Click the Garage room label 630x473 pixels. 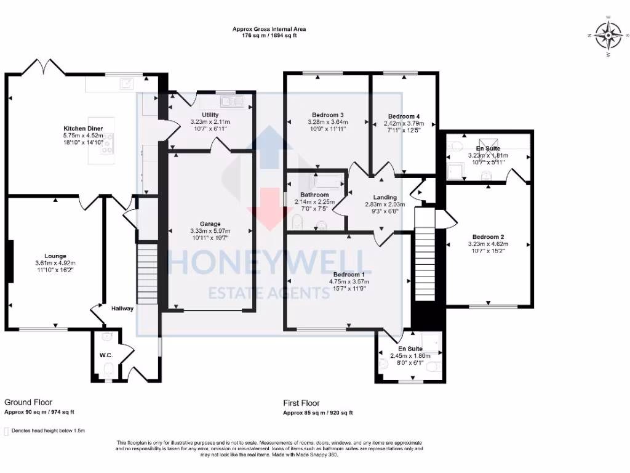pos(210,224)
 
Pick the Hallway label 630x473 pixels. pos(122,309)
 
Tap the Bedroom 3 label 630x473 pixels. pos(327,115)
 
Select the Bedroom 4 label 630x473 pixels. pos(404,116)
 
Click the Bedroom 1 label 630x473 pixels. pos(349,275)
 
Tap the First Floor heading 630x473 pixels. pos(301,403)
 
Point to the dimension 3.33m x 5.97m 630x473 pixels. pos(210,232)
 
